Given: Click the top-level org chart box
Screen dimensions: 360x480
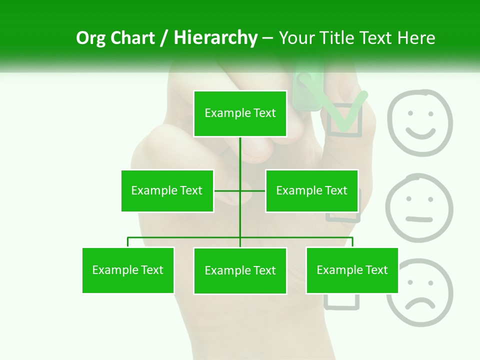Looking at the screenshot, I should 240,113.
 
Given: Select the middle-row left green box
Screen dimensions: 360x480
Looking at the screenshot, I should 167,190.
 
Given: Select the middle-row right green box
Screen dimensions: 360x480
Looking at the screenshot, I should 311,190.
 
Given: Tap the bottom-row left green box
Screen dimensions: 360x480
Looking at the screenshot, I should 128,270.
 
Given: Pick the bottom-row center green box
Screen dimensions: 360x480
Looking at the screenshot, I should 240,270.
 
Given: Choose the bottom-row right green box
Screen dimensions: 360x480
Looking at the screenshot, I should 352,270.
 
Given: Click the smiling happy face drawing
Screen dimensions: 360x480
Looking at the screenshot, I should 420,122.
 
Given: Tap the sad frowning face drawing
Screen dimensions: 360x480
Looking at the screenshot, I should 419,292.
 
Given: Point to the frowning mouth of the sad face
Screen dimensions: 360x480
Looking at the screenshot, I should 419,303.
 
